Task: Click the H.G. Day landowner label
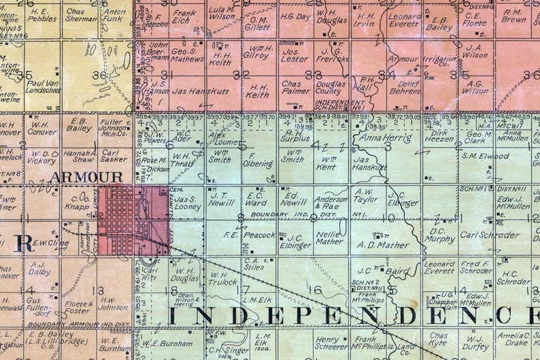295,16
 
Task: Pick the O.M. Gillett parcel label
256,23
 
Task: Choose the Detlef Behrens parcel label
404,86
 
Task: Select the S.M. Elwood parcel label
485,156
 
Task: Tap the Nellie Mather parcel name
330,238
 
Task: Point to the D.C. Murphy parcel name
440,235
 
